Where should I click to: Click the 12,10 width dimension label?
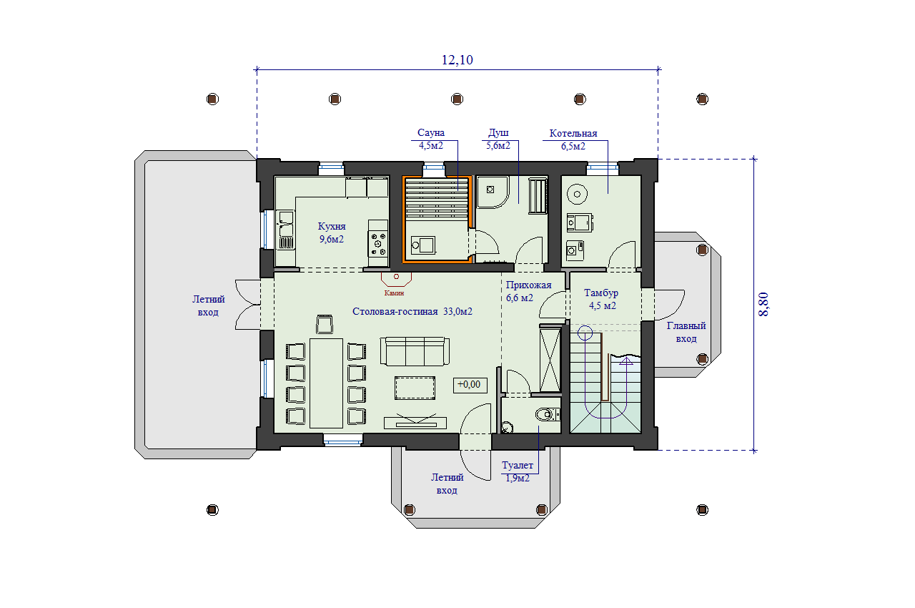pyautogui.click(x=457, y=60)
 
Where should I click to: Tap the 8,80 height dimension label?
pyautogui.click(x=763, y=305)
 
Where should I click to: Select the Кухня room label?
pyautogui.click(x=332, y=226)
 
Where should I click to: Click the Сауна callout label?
pyautogui.click(x=431, y=133)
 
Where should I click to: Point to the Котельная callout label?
pyautogui.click(x=573, y=133)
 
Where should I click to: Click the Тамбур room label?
pyautogui.click(x=601, y=293)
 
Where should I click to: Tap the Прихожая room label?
pyautogui.click(x=528, y=285)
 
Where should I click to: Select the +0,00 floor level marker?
pyautogui.click(x=470, y=385)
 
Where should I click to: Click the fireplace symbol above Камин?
pyautogui.click(x=396, y=279)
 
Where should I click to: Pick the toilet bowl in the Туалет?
pyautogui.click(x=545, y=415)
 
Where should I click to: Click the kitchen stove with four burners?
pyautogui.click(x=378, y=243)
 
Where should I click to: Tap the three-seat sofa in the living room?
pyautogui.click(x=415, y=351)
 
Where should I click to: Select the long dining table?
pyautogui.click(x=326, y=383)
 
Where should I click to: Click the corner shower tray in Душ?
pyautogui.click(x=493, y=192)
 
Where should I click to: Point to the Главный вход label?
pyautogui.click(x=686, y=332)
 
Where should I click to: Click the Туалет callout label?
pyautogui.click(x=517, y=466)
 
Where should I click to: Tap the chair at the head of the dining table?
pyautogui.click(x=325, y=324)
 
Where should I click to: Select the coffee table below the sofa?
pyautogui.click(x=415, y=388)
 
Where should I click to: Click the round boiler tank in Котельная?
pyautogui.click(x=577, y=195)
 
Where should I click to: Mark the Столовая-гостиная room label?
pyautogui.click(x=395, y=312)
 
